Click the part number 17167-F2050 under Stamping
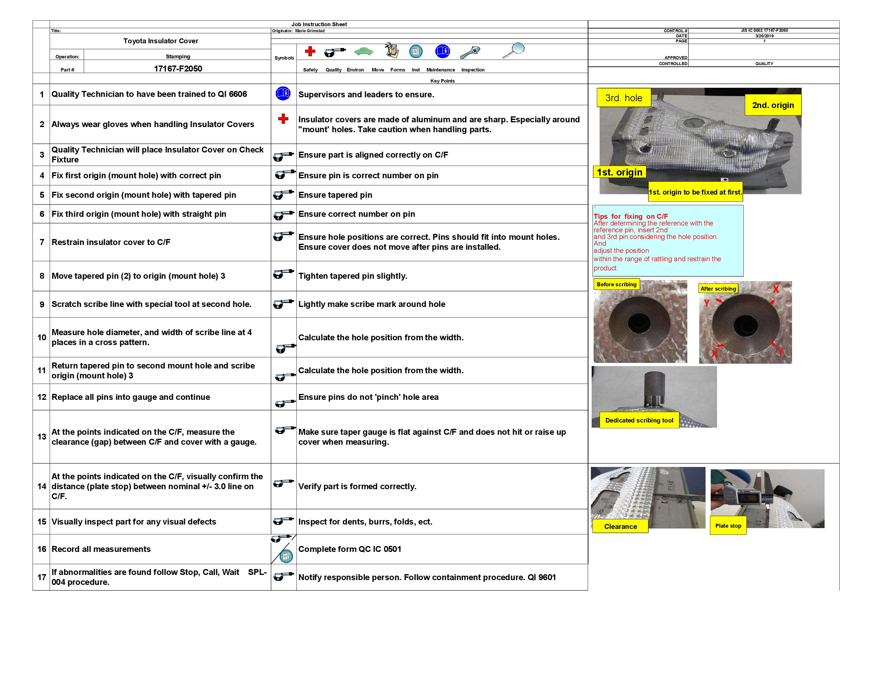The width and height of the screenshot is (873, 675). [x=178, y=68]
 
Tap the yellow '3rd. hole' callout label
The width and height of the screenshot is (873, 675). [x=623, y=98]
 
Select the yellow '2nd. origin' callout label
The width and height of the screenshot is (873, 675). [x=772, y=105]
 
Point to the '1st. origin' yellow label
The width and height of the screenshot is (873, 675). [x=619, y=172]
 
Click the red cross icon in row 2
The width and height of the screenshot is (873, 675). [x=283, y=118]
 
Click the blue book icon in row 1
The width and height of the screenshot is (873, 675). [x=283, y=94]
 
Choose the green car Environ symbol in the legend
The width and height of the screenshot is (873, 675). [x=363, y=52]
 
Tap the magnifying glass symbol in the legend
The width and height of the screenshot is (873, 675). [x=513, y=51]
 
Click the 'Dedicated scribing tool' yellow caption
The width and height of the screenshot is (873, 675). [x=639, y=420]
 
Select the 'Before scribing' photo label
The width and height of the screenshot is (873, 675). [x=616, y=284]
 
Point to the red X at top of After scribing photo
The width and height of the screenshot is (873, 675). [x=775, y=289]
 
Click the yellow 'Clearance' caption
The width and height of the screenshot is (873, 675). [x=620, y=526]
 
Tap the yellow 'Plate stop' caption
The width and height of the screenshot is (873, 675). [x=727, y=526]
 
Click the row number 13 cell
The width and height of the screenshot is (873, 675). [x=42, y=437]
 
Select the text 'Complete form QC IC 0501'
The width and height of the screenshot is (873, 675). [x=349, y=549]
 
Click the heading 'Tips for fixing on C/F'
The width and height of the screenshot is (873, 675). [x=631, y=216]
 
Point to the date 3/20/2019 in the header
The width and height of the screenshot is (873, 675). [x=764, y=36]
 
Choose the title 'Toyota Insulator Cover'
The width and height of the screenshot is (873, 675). [x=160, y=41]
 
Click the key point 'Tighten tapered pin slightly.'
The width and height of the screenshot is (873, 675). [x=352, y=276]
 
